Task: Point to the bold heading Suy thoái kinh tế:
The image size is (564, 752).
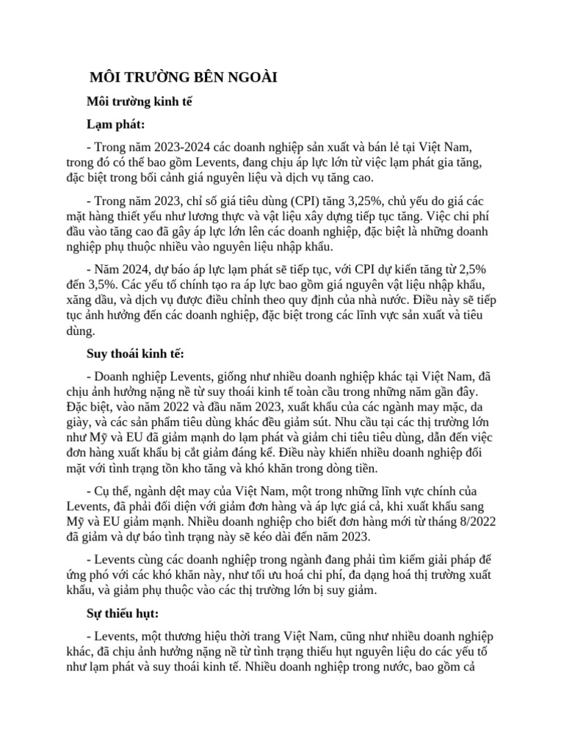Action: click(135, 354)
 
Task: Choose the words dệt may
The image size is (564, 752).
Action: click(173, 490)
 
